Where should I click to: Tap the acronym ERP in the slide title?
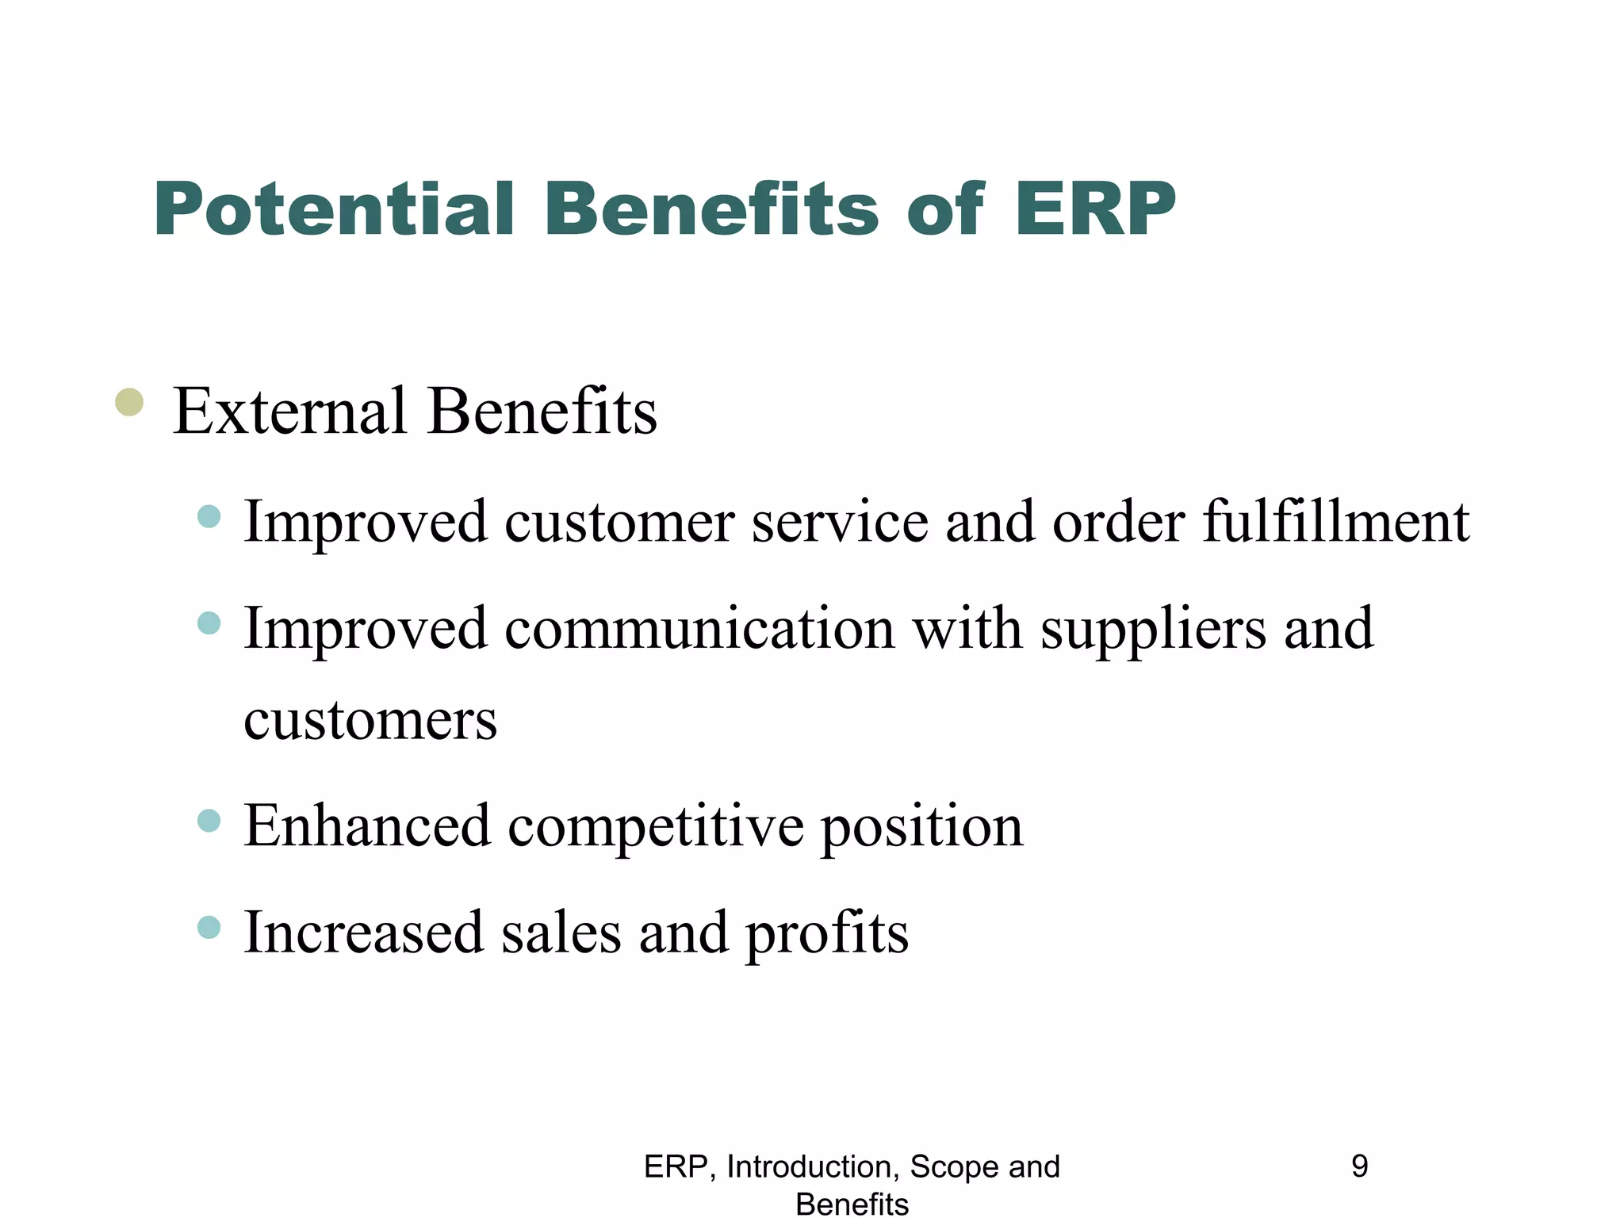[1095, 209]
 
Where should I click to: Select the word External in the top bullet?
[289, 412]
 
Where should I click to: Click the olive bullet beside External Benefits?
[129, 402]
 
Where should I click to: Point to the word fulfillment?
[1336, 523]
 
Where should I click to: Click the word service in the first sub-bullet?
[840, 523]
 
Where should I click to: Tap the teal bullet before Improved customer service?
[209, 517]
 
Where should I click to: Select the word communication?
[699, 629]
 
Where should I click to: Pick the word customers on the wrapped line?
[370, 720]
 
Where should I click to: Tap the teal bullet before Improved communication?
[209, 623]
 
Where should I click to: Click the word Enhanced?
[367, 826]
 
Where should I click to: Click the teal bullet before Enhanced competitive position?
[209, 821]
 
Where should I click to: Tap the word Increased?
[364, 933]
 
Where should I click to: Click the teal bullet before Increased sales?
[209, 927]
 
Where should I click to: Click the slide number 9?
[1359, 1166]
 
